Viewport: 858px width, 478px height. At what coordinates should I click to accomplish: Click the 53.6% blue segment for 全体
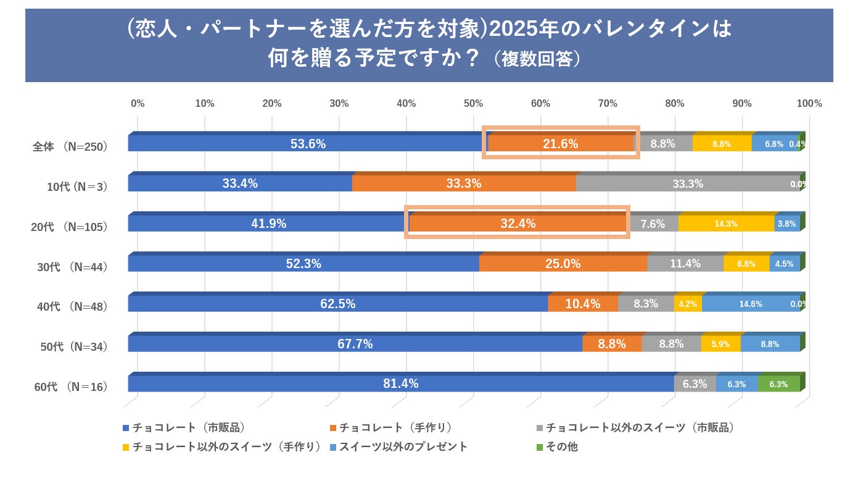[x=308, y=144]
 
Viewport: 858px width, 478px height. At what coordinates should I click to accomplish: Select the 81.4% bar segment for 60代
[x=401, y=384]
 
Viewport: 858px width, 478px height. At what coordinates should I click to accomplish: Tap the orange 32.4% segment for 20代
[x=518, y=224]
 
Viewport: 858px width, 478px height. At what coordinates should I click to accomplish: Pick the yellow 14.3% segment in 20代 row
[x=726, y=224]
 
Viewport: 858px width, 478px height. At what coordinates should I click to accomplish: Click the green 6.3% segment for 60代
[x=778, y=384]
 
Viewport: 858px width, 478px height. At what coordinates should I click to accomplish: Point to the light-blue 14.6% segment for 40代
[x=751, y=304]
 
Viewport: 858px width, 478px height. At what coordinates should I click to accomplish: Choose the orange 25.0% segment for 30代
[x=563, y=264]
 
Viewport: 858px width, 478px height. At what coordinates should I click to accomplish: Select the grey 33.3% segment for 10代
[x=688, y=183]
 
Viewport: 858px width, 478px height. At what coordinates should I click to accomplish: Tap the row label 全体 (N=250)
[x=70, y=147]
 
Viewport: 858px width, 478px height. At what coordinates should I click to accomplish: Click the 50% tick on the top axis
[x=474, y=104]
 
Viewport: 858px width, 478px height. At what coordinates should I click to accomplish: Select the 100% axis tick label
[x=809, y=104]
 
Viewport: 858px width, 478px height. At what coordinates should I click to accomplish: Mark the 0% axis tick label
[x=138, y=104]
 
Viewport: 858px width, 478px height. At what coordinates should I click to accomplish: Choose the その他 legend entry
[x=561, y=447]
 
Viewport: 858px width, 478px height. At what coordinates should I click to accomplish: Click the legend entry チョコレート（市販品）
[x=189, y=427]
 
